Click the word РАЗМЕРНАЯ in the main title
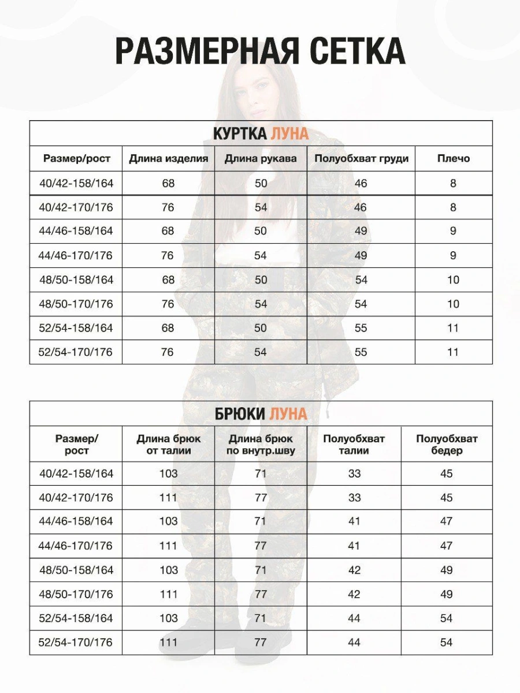[206, 52]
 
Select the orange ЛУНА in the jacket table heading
[289, 134]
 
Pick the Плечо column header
[453, 159]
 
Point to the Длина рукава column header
[261, 159]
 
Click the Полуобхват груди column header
[361, 159]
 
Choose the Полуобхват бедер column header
[447, 445]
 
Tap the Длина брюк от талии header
[168, 445]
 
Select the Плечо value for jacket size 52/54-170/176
[453, 352]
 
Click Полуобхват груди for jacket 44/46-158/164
[361, 231]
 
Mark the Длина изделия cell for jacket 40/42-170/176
[168, 207]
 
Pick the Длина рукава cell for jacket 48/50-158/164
[261, 280]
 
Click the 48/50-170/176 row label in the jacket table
[76, 304]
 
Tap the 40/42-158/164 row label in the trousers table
[76, 474]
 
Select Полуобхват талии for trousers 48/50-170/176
[354, 594]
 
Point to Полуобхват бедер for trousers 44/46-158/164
[446, 521]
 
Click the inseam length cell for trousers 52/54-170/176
[261, 642]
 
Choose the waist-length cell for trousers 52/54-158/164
[168, 619]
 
